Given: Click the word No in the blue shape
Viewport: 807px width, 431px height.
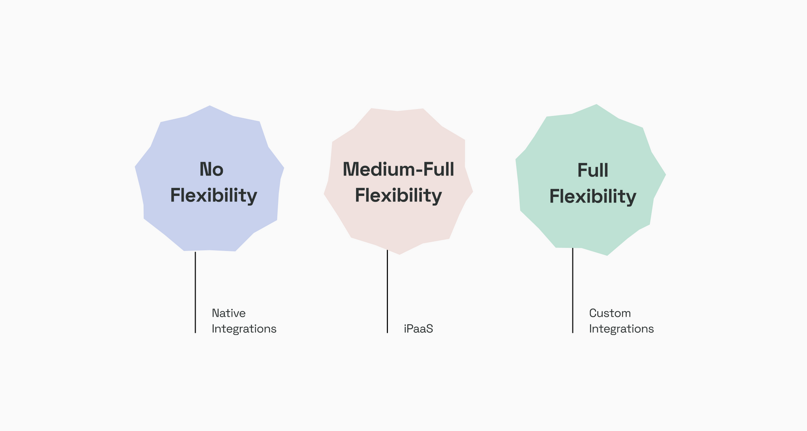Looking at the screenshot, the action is [x=211, y=169].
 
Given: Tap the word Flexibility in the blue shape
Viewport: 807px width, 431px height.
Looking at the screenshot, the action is [x=214, y=196].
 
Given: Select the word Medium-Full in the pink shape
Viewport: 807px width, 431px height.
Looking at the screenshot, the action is [x=398, y=169].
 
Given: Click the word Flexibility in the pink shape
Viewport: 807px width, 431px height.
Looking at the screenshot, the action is [x=398, y=196].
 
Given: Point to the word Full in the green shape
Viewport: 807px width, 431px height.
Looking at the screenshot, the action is [x=592, y=170].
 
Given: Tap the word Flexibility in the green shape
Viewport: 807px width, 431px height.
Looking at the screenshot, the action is [x=592, y=197].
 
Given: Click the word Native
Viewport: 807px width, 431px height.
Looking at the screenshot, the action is [x=228, y=313].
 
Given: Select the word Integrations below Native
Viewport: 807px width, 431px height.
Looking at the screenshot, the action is [x=244, y=329].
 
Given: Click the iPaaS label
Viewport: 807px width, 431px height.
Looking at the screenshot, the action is [x=418, y=329].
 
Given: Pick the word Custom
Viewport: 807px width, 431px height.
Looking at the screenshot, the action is [x=610, y=313].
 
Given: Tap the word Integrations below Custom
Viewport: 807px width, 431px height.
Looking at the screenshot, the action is [x=621, y=329].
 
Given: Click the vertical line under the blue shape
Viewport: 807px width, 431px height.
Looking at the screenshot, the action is [x=195, y=292].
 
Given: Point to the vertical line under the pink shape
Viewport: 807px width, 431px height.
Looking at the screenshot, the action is [x=387, y=292].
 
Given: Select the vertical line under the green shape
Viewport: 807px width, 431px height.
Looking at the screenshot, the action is [x=572, y=290].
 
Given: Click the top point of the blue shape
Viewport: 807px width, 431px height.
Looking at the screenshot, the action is [x=210, y=106].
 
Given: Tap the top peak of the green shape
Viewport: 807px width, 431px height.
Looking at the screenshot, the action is [x=596, y=105].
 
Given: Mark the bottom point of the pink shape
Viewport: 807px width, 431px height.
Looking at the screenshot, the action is [x=399, y=254].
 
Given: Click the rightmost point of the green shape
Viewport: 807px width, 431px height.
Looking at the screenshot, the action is [x=666, y=175].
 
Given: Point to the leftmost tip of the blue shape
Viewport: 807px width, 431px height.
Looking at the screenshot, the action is [x=135, y=166].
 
